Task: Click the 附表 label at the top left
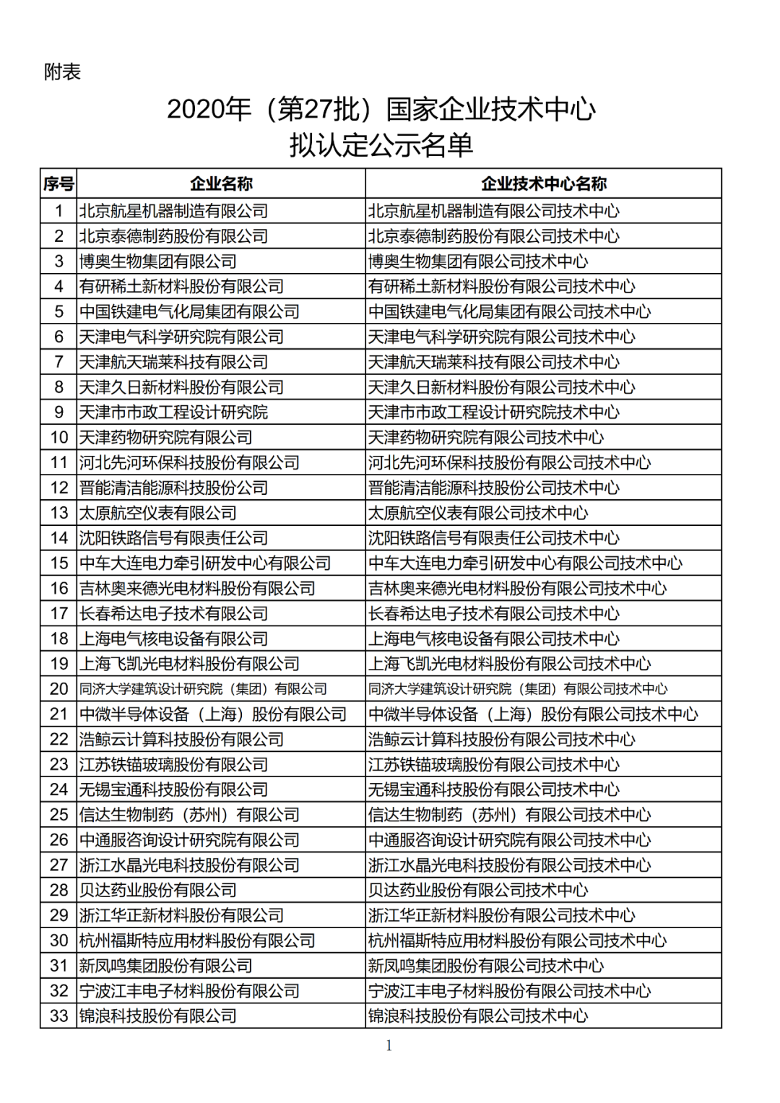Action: point(62,72)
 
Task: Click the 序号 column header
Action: point(58,183)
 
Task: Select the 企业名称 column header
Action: point(221,183)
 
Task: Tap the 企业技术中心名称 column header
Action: point(544,183)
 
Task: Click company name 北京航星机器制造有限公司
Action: point(173,211)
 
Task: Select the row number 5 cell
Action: point(58,311)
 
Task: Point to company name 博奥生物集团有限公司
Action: point(158,261)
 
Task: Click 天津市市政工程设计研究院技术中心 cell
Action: point(494,412)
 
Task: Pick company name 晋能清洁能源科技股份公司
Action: point(173,488)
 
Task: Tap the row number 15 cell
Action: point(58,563)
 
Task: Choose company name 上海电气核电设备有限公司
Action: point(173,639)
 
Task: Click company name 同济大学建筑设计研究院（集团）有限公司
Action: point(203,689)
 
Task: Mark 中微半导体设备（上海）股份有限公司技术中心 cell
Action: point(533,714)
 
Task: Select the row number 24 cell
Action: point(58,790)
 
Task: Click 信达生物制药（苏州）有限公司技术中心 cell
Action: point(509,815)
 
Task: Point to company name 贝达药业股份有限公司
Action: point(158,890)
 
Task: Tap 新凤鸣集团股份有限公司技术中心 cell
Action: point(486,966)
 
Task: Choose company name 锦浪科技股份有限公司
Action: point(158,1016)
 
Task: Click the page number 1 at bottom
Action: point(389,1045)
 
